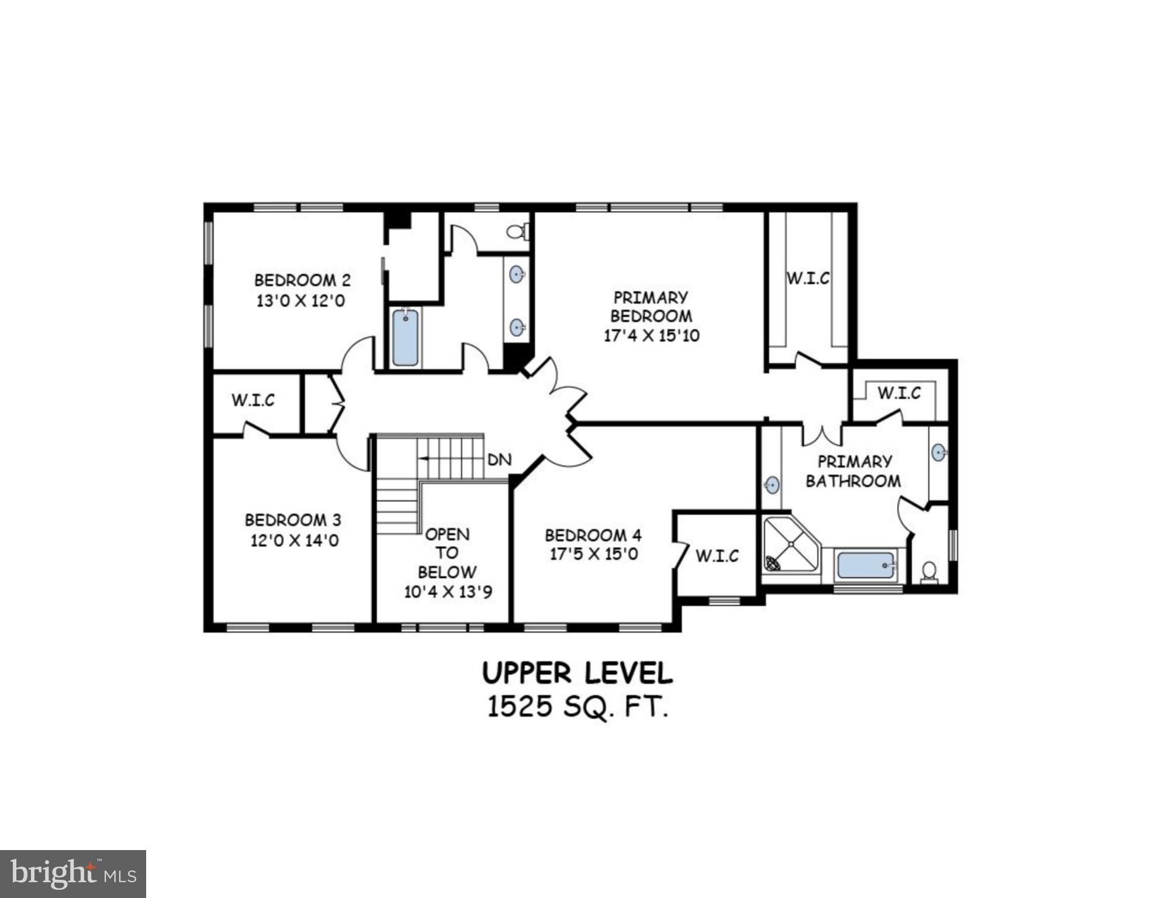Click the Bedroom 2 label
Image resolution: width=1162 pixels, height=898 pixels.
[x=302, y=280]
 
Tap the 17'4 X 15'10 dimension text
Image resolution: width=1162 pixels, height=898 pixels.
[x=651, y=336]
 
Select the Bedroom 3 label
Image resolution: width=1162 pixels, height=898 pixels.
[x=293, y=520]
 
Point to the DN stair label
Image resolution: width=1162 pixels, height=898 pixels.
[x=499, y=460]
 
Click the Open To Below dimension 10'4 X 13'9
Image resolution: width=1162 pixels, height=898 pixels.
[x=448, y=592]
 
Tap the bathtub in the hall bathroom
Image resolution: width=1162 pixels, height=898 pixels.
[x=405, y=338]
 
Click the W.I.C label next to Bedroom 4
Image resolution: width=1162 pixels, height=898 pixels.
[x=717, y=555]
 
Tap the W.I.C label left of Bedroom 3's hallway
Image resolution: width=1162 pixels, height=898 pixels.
[x=253, y=400]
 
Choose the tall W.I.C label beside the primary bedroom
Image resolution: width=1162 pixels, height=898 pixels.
[x=808, y=278]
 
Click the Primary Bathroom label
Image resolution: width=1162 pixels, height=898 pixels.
[x=854, y=471]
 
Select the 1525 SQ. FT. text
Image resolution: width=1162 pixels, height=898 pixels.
[x=577, y=707]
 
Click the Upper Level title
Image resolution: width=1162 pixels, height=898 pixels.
[x=577, y=673]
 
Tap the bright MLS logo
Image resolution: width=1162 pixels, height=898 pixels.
[x=73, y=873]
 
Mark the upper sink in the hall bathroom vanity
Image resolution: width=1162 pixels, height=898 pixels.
[x=517, y=274]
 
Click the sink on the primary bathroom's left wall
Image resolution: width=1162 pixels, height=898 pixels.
[x=772, y=485]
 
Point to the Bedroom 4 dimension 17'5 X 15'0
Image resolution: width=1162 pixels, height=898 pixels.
[x=593, y=554]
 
